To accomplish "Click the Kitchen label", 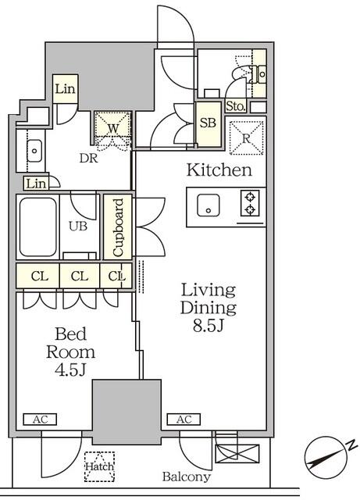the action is [219, 170].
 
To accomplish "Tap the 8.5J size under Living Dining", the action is [209, 325].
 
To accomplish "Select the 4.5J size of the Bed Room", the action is [70, 370].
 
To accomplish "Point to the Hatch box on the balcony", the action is [99, 466].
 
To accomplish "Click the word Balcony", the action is [187, 477].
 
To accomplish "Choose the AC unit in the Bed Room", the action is [40, 420].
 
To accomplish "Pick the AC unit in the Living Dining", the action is [184, 420].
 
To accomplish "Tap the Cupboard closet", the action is [118, 227].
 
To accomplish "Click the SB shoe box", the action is [209, 124].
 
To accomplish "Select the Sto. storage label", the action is [236, 106].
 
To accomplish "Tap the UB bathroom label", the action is [78, 226].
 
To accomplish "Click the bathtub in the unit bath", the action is [38, 227].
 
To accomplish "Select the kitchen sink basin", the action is [209, 205].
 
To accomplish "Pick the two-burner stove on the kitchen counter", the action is [250, 203].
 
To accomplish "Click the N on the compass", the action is [352, 445].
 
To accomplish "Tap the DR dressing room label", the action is [88, 158].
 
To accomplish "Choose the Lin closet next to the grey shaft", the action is [66, 89].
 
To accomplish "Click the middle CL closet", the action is [80, 276].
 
